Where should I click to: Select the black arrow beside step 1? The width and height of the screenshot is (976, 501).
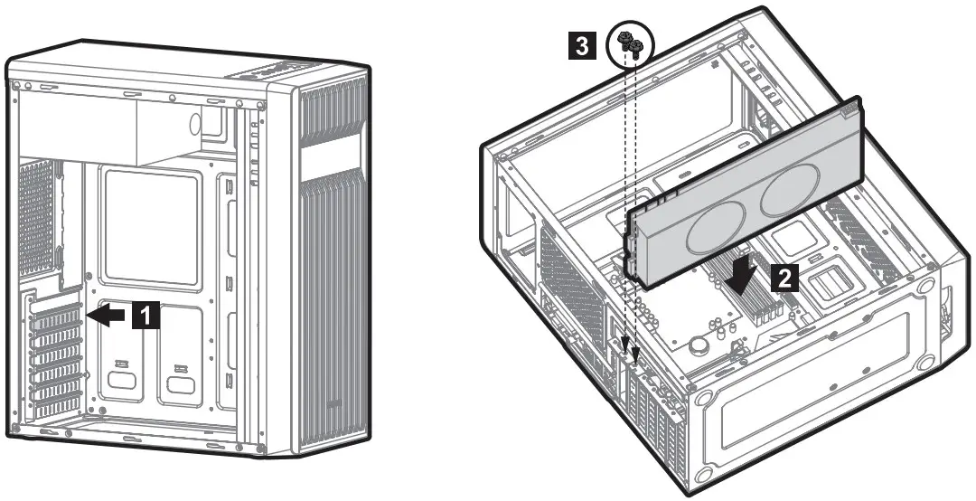[x=107, y=315]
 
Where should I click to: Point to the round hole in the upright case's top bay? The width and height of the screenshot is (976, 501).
[x=197, y=122]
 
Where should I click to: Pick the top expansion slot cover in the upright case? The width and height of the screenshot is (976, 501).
[x=55, y=316]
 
